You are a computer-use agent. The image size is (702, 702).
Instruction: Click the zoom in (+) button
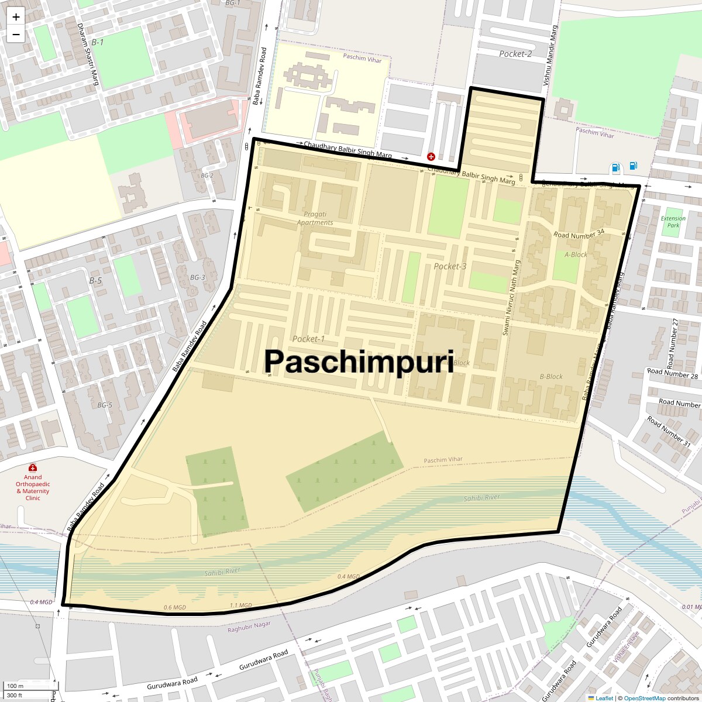coord(16,17)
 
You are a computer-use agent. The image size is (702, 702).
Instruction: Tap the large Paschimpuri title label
coord(359,362)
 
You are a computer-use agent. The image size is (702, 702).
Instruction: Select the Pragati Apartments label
coord(315,218)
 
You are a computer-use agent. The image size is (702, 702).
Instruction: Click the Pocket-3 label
coord(450,266)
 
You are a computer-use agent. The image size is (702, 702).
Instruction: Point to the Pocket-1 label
coord(308,339)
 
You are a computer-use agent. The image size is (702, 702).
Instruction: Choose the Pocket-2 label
coord(515,54)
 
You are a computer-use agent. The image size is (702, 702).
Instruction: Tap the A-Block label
coord(576,254)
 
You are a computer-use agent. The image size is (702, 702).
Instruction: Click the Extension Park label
coord(673,222)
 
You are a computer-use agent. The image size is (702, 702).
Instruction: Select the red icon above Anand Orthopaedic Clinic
coord(33,468)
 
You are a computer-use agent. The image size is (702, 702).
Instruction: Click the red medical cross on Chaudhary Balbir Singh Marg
coord(431,157)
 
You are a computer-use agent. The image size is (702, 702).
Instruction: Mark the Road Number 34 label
coord(579,234)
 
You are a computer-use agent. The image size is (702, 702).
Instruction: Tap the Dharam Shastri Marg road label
coord(88,54)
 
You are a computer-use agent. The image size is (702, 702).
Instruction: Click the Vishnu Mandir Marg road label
coord(550,56)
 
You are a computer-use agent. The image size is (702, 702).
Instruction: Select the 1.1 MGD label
coord(240,605)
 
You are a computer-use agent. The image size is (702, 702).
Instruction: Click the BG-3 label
coord(198,277)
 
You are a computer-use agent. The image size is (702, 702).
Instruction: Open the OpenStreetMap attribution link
coord(644,698)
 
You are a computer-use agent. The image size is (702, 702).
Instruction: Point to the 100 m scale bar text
coord(16,686)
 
